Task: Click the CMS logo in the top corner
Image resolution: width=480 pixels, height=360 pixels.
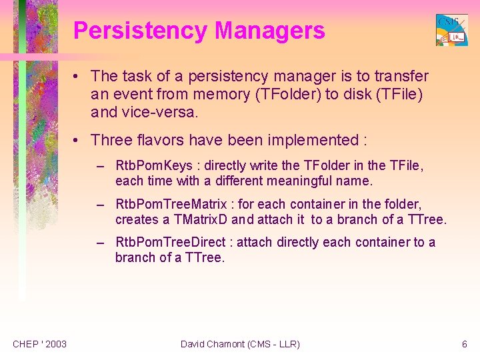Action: (451, 30)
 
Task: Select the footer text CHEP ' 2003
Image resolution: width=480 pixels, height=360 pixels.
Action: (39, 344)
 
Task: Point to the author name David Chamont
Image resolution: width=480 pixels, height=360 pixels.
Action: (212, 344)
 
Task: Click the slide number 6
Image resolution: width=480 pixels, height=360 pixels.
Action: (465, 344)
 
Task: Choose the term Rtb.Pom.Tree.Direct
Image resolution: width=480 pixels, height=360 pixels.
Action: (171, 242)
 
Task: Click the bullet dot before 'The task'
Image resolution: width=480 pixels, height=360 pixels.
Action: (79, 77)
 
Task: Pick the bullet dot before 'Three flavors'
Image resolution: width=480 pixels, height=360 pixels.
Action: (79, 140)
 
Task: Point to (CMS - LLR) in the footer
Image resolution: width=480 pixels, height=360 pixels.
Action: (273, 344)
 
